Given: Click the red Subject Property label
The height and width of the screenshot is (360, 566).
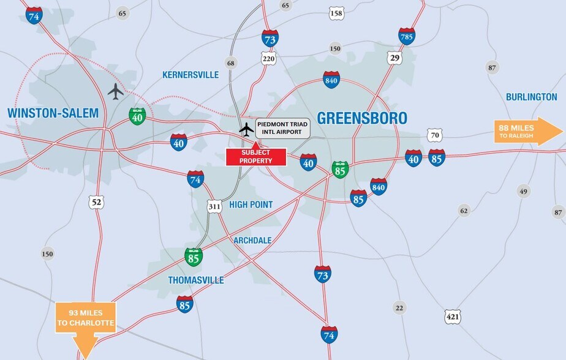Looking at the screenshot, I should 256,156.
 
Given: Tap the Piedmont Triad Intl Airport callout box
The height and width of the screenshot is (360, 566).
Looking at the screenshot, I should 279,127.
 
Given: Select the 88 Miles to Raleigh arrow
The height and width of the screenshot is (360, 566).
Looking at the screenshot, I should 528,131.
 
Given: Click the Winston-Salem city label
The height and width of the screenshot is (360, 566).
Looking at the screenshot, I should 53,113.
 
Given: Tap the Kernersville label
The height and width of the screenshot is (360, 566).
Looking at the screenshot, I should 191,75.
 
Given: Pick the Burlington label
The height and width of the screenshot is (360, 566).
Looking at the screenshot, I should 531,97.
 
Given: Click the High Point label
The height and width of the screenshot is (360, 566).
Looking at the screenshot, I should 251,204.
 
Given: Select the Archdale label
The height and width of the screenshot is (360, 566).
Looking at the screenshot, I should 252,240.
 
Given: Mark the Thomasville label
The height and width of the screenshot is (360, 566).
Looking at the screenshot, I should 196,280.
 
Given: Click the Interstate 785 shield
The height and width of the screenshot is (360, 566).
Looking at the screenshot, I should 407,36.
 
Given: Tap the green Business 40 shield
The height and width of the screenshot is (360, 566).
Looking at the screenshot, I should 137,116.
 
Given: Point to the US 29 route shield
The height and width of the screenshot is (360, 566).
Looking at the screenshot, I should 394,57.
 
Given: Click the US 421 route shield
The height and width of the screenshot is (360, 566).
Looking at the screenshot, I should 453,316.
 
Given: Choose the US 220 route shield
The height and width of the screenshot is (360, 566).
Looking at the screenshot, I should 268,59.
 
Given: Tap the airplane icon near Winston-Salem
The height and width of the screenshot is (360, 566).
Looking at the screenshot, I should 115,91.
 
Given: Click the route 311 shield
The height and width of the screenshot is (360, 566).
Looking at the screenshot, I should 214,206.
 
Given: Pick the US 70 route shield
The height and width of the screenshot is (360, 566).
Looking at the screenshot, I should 434,135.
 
